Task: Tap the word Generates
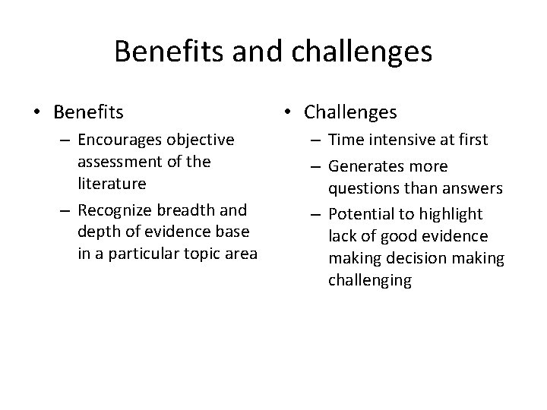(368, 166)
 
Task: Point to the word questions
(362, 187)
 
